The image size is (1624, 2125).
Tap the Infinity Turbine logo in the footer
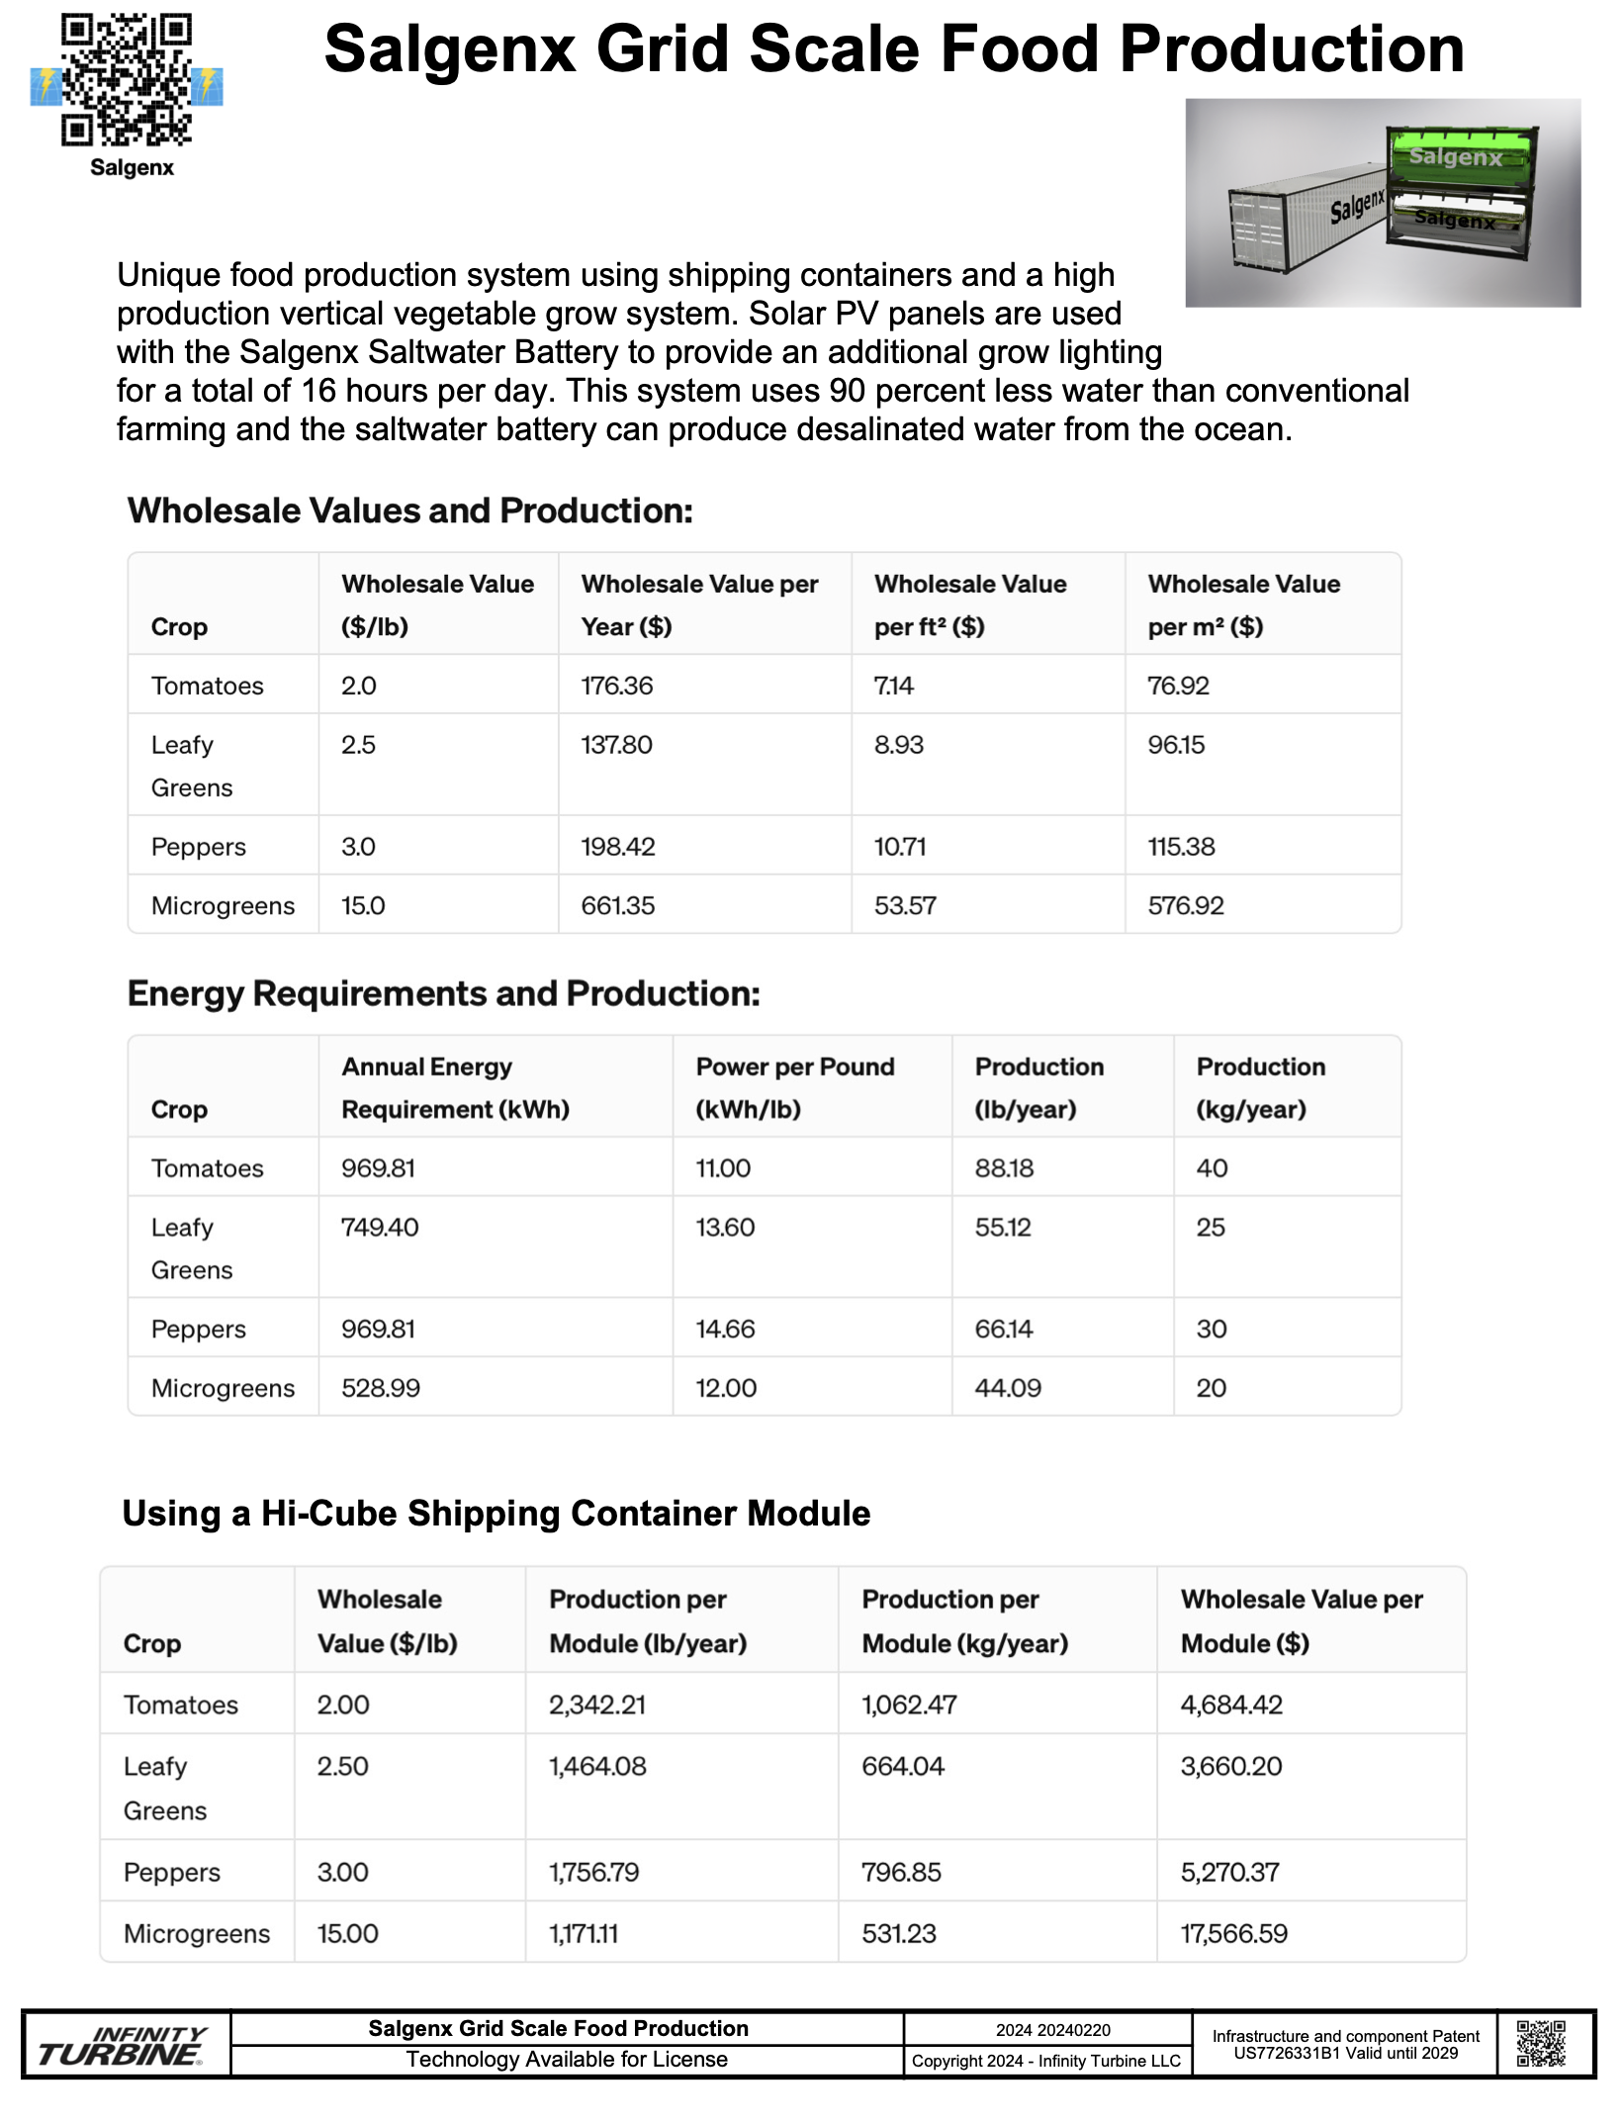click(x=123, y=2047)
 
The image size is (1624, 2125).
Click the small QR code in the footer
click(x=1541, y=2044)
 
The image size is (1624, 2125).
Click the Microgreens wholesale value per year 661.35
click(x=618, y=905)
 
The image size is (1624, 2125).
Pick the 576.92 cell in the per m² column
click(x=1186, y=905)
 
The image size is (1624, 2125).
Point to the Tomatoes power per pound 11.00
click(x=723, y=1168)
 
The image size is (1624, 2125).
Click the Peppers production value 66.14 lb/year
click(x=1004, y=1329)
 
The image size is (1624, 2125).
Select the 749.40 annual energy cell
click(x=380, y=1228)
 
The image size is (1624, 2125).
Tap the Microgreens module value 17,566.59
click(x=1234, y=1933)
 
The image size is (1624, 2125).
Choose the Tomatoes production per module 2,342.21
click(x=597, y=1705)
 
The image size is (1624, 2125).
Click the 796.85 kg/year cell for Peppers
click(x=901, y=1872)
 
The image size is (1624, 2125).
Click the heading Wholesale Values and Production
click(x=410, y=510)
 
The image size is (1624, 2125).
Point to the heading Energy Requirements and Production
click(x=444, y=993)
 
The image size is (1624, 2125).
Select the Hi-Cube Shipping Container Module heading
click(x=496, y=1513)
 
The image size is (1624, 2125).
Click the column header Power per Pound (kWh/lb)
click(x=794, y=1087)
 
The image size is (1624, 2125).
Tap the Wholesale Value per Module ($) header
click(x=1301, y=1620)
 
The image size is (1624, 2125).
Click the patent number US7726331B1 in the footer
click(x=1286, y=2053)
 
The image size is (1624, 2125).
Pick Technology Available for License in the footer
click(x=567, y=2060)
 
